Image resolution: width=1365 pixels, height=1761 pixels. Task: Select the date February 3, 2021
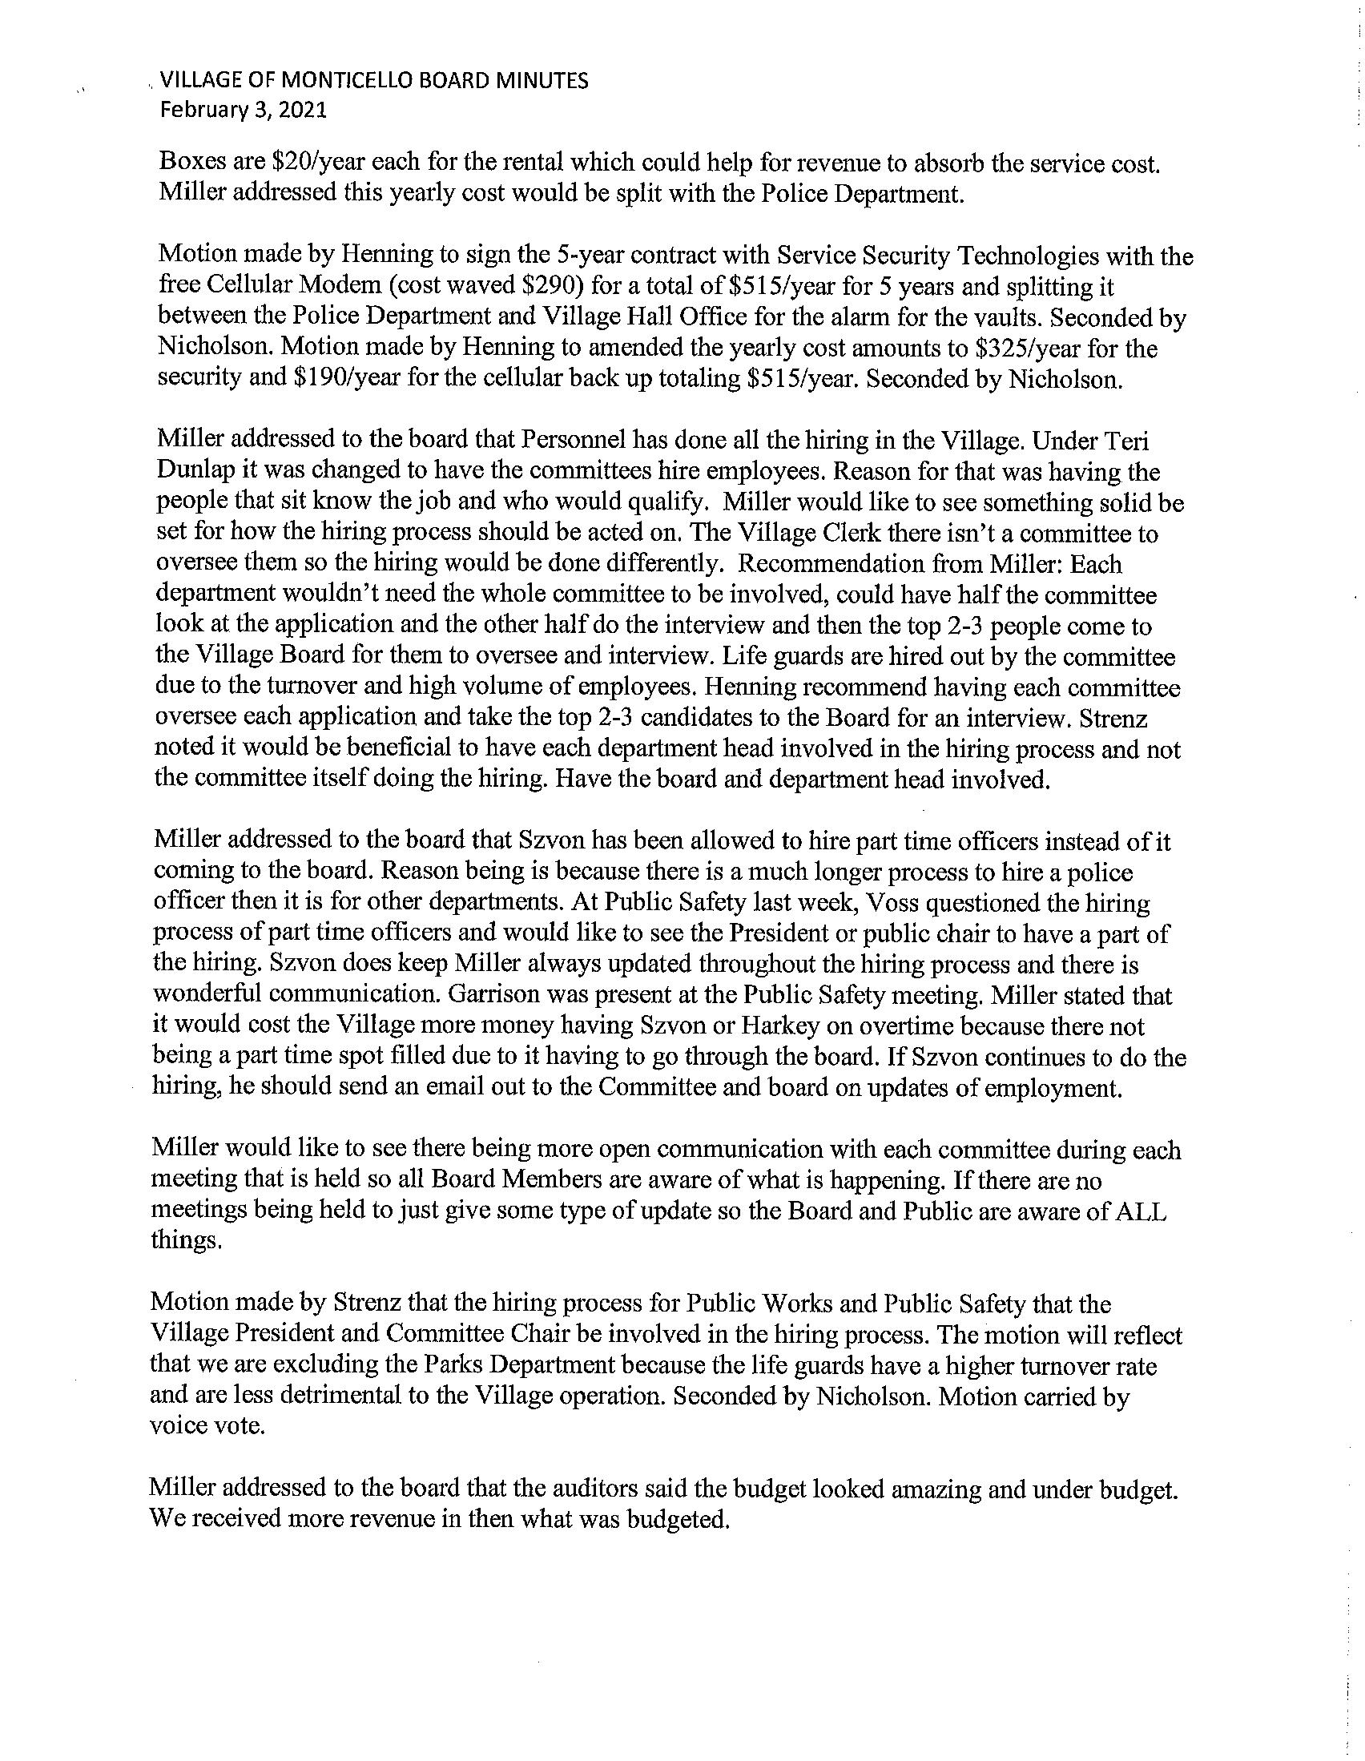tap(243, 111)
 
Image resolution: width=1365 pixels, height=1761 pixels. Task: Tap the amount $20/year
tap(320, 163)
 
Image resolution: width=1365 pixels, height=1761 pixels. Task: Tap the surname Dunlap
tap(192, 472)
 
